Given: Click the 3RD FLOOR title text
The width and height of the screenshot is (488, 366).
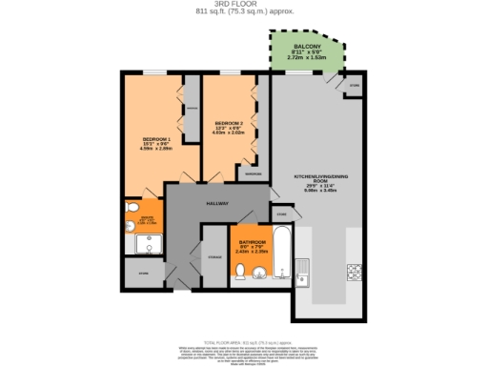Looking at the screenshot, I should (x=243, y=4).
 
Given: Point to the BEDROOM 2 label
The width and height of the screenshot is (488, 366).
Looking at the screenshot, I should (x=227, y=123).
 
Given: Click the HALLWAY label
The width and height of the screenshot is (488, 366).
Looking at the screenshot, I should (x=217, y=204).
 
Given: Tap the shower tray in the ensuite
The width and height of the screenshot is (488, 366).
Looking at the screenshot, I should (x=148, y=245).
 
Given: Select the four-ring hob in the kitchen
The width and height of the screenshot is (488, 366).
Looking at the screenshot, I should (x=355, y=271).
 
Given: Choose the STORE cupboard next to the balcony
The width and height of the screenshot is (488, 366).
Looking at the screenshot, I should (x=355, y=84).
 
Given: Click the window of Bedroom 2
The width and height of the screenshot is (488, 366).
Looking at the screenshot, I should (x=230, y=72).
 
